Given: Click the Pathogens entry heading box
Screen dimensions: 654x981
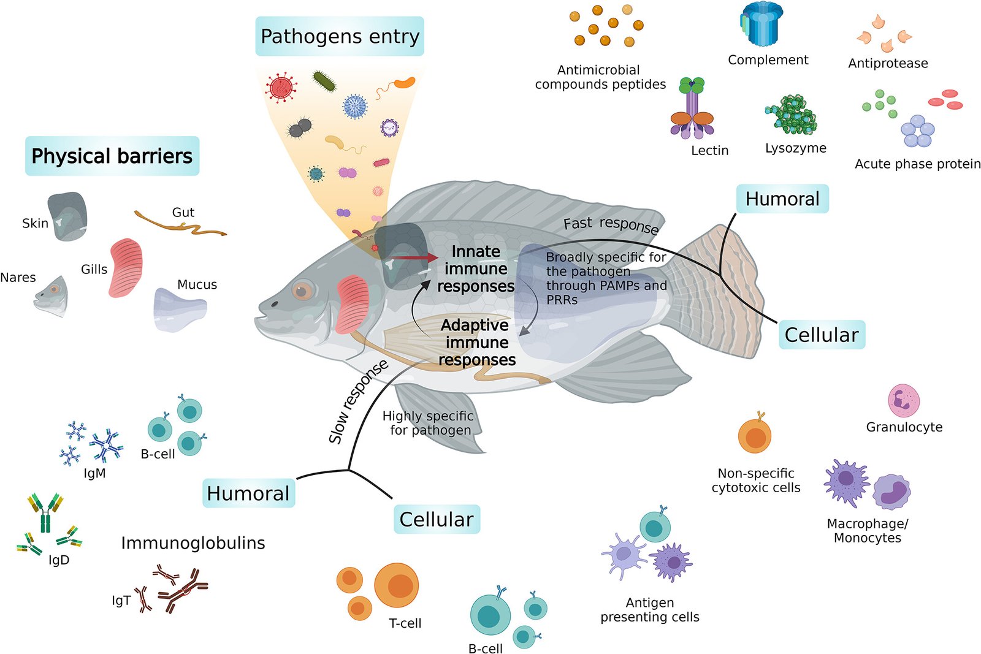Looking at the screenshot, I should (340, 36).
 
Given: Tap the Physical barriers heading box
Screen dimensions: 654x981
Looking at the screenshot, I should (112, 156).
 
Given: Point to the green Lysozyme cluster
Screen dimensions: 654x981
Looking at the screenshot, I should (792, 115).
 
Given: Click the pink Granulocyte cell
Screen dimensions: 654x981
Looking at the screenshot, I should (904, 400).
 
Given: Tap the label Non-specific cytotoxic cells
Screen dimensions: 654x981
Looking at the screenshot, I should (756, 481).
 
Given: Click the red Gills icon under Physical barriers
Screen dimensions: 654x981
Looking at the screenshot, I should (126, 268).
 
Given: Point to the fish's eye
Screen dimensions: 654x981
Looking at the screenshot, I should (302, 290).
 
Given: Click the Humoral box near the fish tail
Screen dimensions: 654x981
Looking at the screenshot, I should (782, 199).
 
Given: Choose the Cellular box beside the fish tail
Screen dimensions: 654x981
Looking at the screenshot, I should (822, 335).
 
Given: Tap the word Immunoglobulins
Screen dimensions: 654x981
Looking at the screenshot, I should (193, 543).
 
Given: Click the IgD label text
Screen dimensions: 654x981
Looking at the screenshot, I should (59, 560).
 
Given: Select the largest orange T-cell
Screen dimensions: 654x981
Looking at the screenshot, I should (397, 585).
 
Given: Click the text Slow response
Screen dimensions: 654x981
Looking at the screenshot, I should (358, 402).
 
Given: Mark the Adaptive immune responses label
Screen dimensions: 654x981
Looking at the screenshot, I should (476, 342).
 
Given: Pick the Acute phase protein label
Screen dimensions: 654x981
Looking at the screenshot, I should (917, 164).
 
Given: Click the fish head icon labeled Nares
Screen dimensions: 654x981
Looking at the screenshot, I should (52, 295).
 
